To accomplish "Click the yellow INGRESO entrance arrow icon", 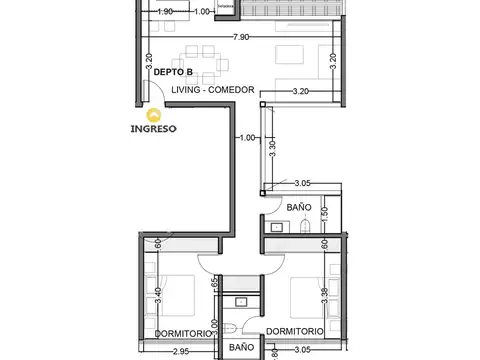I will [x=153, y=115].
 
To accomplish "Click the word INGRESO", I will [x=154, y=129].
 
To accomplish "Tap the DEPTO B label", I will [x=173, y=72].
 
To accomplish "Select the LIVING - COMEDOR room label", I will [x=213, y=89].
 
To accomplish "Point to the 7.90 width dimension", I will [x=240, y=38].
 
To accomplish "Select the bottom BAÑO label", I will [x=240, y=348].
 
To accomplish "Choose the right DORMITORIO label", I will [x=294, y=331].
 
